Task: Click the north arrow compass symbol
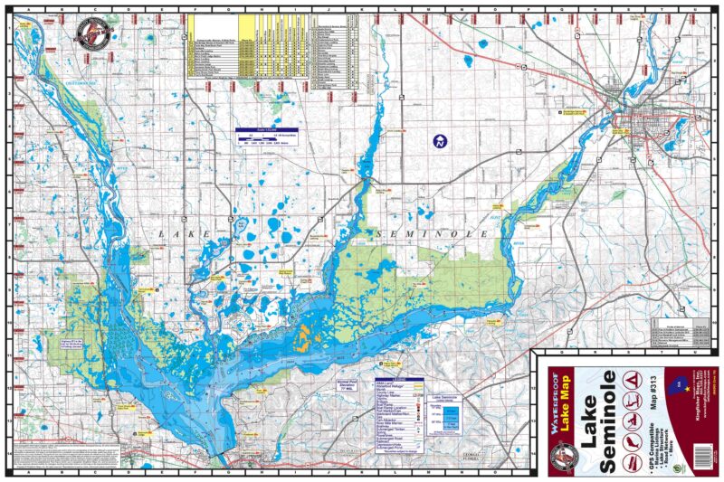point(439,141)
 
